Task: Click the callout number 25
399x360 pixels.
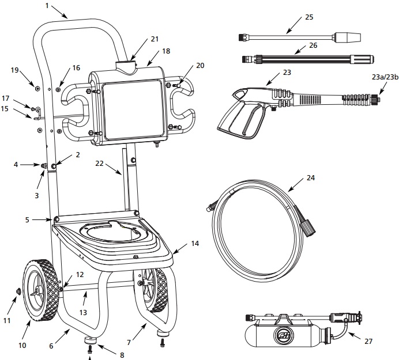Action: (x=308, y=17)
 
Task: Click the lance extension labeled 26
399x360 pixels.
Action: (x=306, y=59)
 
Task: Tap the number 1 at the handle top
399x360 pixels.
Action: (x=47, y=6)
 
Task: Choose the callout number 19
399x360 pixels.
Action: (x=16, y=70)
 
